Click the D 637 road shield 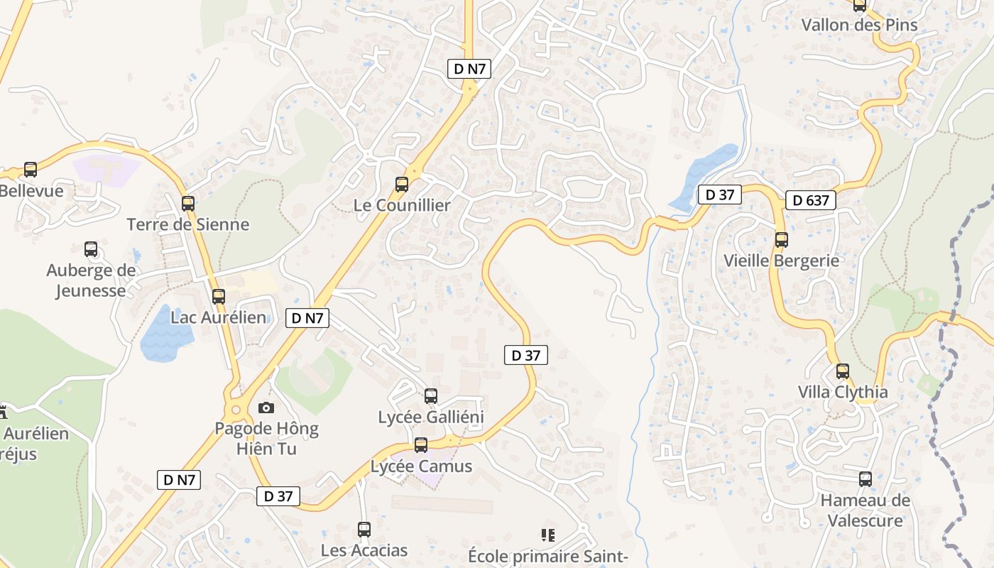click(x=810, y=200)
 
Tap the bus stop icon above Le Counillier click(x=402, y=185)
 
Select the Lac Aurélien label click(x=219, y=317)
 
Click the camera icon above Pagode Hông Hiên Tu click(x=266, y=408)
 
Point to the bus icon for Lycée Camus click(x=421, y=445)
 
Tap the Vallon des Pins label click(x=859, y=25)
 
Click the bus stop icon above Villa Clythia click(x=843, y=371)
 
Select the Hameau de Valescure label click(x=865, y=510)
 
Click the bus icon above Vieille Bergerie click(x=782, y=239)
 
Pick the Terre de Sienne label click(x=188, y=224)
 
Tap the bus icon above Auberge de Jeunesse click(x=91, y=249)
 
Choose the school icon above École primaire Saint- click(x=548, y=535)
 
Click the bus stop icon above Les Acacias click(x=364, y=529)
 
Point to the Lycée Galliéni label click(x=431, y=417)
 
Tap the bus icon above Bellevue click(x=31, y=170)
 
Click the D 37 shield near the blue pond click(x=719, y=195)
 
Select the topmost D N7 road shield click(x=469, y=69)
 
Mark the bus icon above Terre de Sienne click(x=188, y=204)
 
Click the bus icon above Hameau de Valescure click(x=865, y=479)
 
